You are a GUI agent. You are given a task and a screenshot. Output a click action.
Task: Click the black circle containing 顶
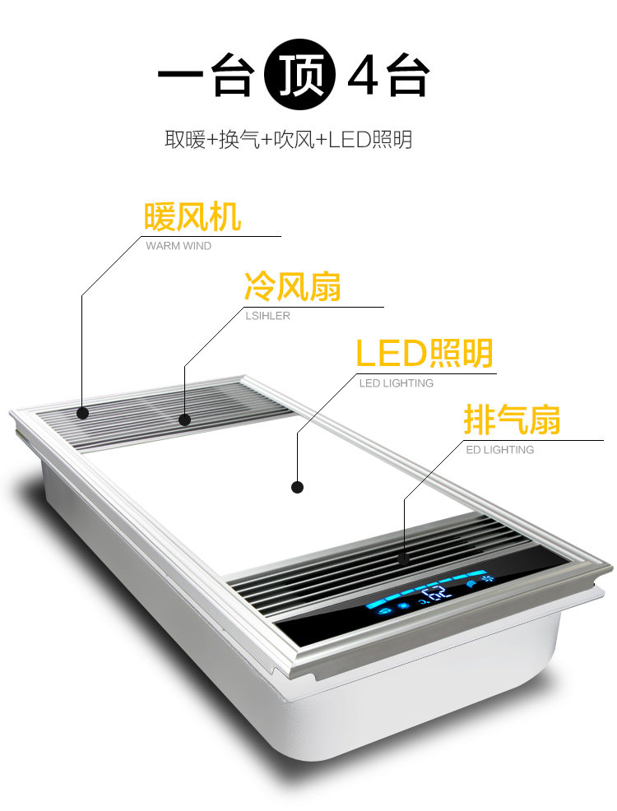coord(300,80)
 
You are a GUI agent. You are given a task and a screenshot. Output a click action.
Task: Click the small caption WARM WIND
coord(179,246)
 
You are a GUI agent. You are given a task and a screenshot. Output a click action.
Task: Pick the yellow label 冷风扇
coord(292,287)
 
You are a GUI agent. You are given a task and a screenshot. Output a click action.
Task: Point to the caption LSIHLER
coord(267,316)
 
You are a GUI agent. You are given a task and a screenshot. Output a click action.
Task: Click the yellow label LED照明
coord(424,354)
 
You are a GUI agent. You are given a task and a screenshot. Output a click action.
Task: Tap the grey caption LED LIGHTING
coord(397,383)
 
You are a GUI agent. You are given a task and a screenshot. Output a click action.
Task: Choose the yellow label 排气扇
coord(512,420)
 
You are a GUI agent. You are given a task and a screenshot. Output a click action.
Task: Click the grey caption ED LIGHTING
coord(500,450)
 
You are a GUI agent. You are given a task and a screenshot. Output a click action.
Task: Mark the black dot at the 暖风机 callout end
coord(82,412)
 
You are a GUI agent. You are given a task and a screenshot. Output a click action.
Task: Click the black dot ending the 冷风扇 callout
coord(184,419)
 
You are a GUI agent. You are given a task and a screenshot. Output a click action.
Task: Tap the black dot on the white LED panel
coord(298,487)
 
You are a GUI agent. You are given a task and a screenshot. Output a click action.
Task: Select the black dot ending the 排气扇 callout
coord(404,558)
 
